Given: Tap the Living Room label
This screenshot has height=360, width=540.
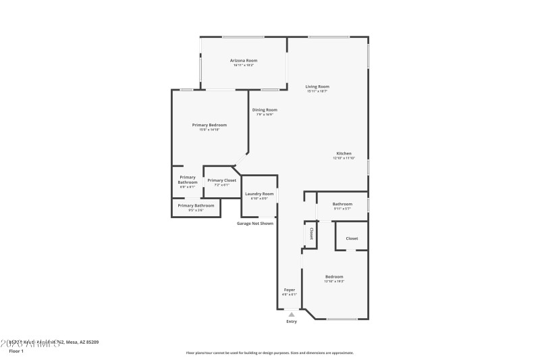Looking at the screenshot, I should click(317, 86).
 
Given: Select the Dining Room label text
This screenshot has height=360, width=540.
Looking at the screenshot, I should click(265, 109).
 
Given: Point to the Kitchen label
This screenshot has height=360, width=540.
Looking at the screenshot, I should click(344, 153).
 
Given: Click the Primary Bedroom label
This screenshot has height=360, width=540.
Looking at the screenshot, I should click(209, 125).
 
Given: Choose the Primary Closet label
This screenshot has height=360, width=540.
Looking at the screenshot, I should click(221, 180).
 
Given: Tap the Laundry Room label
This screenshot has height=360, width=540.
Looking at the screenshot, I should click(259, 194).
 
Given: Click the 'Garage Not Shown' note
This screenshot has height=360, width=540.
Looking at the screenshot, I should click(255, 223).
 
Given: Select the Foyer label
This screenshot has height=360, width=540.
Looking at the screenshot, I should click(289, 290).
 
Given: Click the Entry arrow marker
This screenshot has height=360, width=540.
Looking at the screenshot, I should click(291, 313).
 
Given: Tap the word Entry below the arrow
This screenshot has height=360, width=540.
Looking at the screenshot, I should click(291, 322).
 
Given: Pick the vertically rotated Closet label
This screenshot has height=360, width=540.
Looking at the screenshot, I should click(311, 233).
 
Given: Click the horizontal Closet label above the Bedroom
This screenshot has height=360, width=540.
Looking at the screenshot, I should click(352, 238).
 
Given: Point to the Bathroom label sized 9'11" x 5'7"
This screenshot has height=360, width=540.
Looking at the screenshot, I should click(342, 204).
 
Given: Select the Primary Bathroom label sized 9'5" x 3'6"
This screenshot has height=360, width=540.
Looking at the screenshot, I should click(196, 205).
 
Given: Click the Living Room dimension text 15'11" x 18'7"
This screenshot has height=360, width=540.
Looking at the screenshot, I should click(317, 91).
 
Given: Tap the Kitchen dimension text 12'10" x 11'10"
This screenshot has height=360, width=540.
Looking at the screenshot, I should click(344, 158).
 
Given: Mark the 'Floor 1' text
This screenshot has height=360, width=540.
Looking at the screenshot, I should click(16, 351).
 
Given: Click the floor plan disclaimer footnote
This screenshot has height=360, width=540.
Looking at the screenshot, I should click(269, 353).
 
